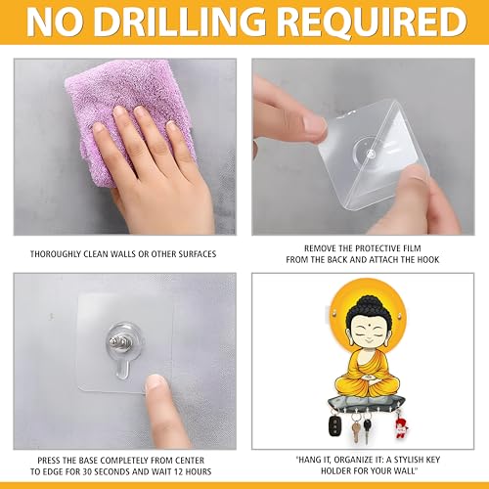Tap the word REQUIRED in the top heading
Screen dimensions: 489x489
[372, 22]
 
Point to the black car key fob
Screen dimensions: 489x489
[334, 424]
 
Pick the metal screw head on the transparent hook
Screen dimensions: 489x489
[117, 342]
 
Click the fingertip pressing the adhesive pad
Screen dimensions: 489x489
[156, 383]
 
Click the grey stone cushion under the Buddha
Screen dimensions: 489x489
[368, 403]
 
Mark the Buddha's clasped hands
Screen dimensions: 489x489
[369, 378]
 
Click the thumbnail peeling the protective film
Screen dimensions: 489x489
[314, 124]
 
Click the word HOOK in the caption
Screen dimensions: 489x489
[428, 260]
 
